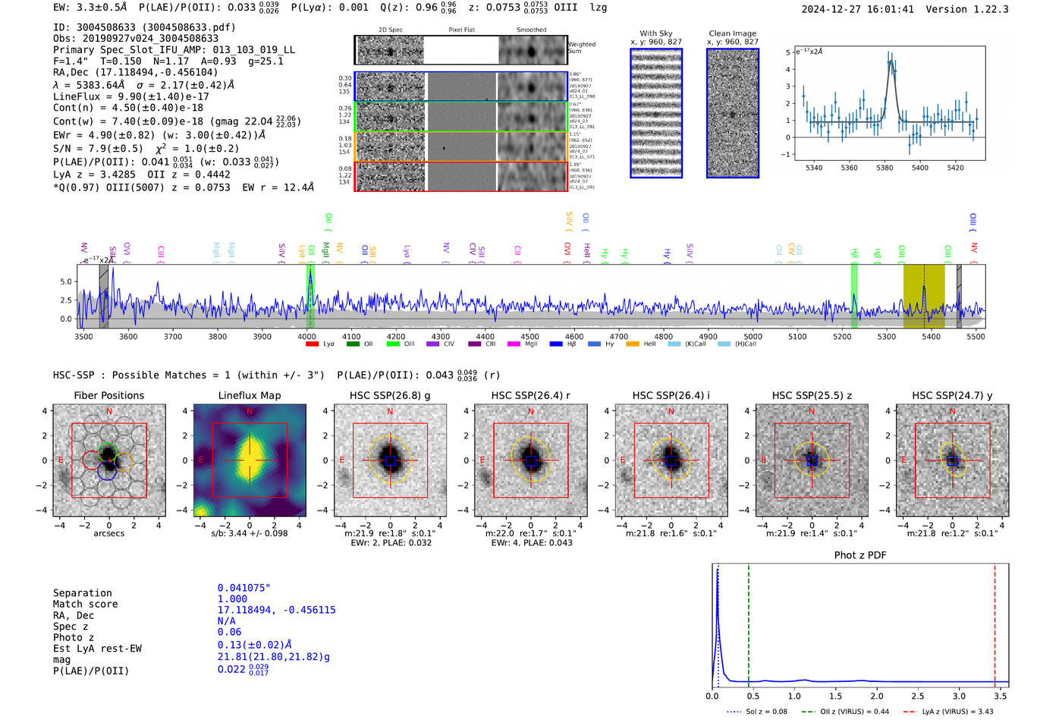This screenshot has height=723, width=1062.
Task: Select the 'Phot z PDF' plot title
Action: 859,555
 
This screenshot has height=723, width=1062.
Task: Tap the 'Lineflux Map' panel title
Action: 249,395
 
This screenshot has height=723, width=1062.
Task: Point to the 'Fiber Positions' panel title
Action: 108,395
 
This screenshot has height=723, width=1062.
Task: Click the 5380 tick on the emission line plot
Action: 884,168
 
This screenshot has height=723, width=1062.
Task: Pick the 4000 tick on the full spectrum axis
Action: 306,336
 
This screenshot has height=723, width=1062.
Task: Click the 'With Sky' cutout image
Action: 655,113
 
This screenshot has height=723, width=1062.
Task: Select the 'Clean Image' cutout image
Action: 732,113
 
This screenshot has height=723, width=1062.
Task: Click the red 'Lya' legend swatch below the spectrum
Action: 312,344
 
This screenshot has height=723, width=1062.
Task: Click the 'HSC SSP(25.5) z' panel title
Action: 812,395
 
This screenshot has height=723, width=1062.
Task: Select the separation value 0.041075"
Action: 244,588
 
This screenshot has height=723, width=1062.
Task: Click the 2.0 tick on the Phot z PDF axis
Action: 876,696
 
